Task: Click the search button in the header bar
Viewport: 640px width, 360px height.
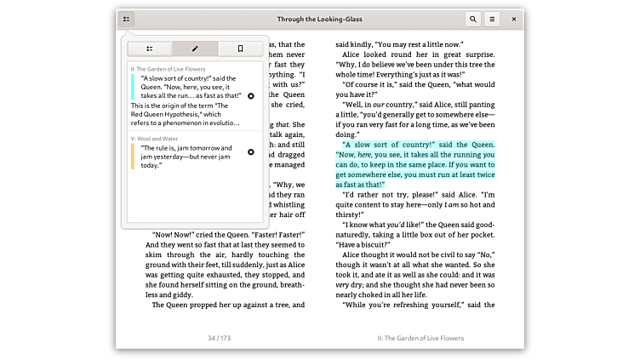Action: [472, 19]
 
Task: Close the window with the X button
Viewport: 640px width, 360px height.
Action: [513, 19]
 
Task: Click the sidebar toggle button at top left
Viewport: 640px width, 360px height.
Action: [126, 19]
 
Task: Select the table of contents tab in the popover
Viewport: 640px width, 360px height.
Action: [150, 49]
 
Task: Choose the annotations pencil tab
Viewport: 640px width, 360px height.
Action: [195, 49]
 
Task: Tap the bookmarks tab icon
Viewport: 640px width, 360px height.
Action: [240, 49]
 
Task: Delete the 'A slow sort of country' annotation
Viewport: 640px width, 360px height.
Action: [250, 96]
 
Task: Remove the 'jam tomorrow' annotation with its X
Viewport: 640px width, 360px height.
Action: [250, 152]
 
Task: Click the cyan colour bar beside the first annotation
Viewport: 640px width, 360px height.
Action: [132, 88]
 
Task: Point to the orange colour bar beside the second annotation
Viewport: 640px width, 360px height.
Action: [132, 156]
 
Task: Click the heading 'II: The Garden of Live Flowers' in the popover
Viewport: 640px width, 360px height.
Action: [168, 68]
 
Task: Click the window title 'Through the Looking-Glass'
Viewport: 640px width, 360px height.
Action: [319, 19]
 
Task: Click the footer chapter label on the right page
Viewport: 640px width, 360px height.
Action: [420, 338]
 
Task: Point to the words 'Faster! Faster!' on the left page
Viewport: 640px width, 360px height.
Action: [274, 234]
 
